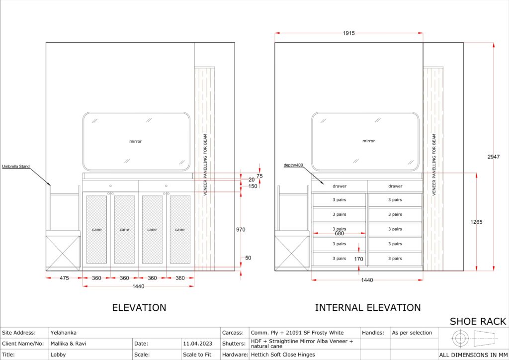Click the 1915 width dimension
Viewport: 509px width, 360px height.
348,33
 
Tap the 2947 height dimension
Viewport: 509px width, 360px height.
494,157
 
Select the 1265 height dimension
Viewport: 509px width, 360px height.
476,222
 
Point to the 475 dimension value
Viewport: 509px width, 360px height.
64,278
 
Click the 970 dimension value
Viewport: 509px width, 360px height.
241,230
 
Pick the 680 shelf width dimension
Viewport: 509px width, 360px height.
339,233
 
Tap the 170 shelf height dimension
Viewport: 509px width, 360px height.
358,259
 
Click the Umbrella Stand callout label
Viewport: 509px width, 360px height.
16,167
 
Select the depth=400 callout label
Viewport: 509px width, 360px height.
293,165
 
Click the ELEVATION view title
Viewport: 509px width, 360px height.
139,307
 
